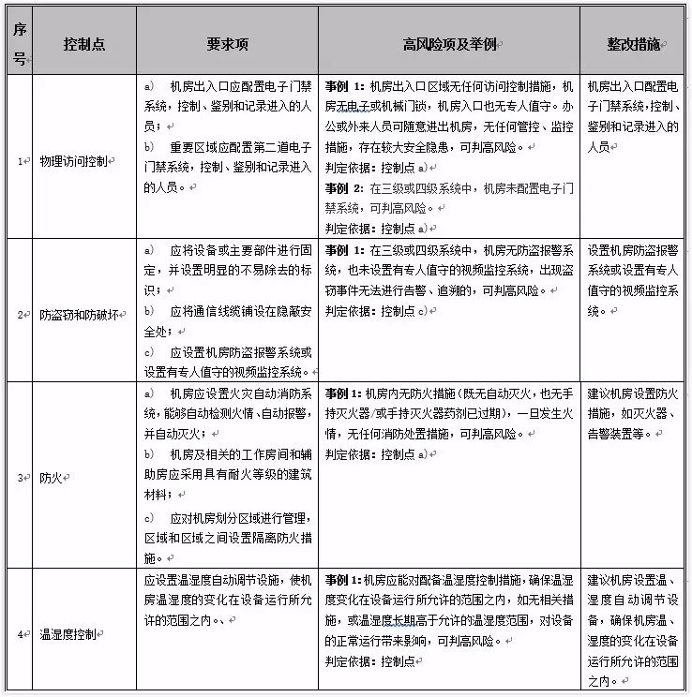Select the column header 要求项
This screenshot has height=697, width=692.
click(x=227, y=44)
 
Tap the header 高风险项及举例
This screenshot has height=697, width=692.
click(x=450, y=44)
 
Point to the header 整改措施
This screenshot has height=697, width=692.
click(x=633, y=44)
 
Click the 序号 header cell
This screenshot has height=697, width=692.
click(x=20, y=44)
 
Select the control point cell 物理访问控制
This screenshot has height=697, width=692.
click(x=77, y=161)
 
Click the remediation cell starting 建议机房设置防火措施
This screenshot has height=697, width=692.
click(x=632, y=413)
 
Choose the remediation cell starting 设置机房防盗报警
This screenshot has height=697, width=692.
click(x=632, y=280)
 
